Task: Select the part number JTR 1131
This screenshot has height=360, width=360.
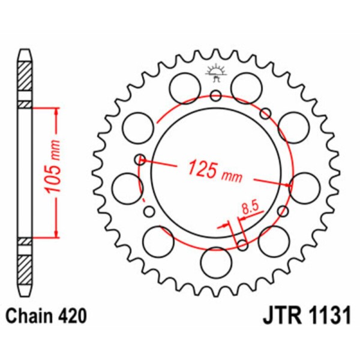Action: pos(305,316)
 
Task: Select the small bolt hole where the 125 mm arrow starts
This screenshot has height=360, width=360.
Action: pos(140,159)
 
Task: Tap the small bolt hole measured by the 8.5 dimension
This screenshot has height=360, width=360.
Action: pos(242,244)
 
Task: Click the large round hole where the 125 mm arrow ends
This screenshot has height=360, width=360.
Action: pos(304,185)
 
